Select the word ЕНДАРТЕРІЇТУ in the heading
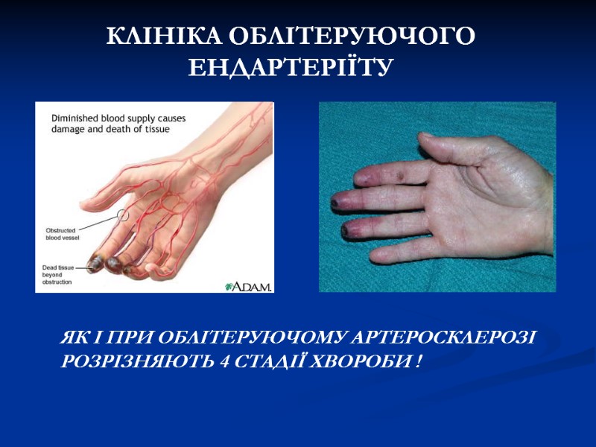[290, 69]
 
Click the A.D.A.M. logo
[248, 285]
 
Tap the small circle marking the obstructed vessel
[123, 216]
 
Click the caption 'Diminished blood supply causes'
[118, 118]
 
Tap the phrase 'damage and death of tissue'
[110, 129]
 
